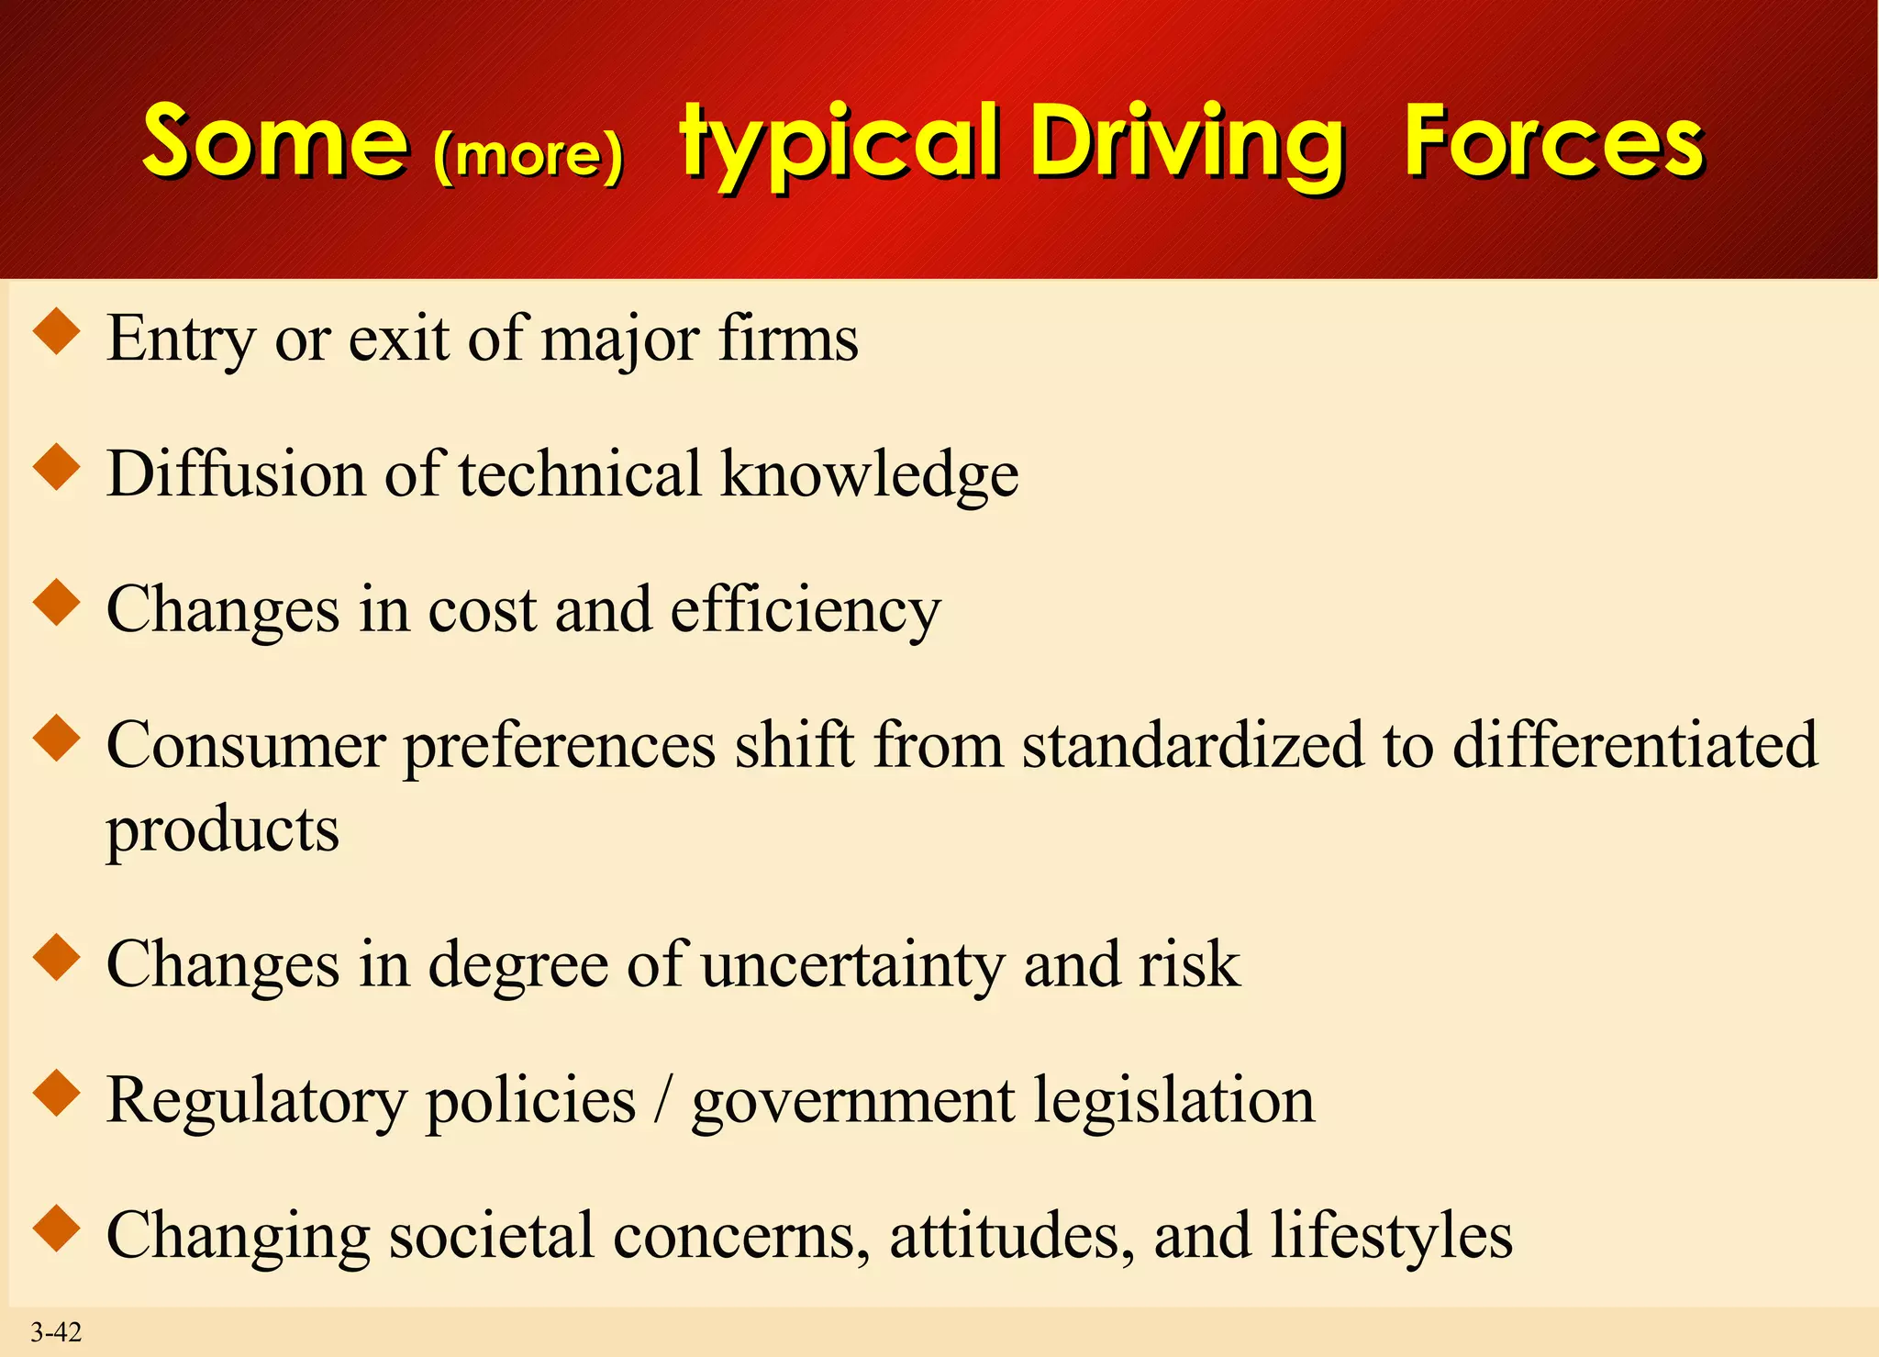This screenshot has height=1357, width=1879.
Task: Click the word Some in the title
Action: [x=275, y=142]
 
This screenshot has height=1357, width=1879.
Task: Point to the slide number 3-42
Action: [x=56, y=1332]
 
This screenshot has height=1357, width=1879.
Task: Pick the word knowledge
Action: [x=869, y=475]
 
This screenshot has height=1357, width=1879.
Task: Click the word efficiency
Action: [x=805, y=610]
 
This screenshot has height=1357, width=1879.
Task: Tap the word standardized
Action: [x=1192, y=744]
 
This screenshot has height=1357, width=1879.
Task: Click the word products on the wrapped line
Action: [x=222, y=831]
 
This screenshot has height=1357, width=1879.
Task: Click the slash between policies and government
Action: [x=663, y=1099]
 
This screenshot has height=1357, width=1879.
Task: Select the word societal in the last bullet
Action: [x=491, y=1235]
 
